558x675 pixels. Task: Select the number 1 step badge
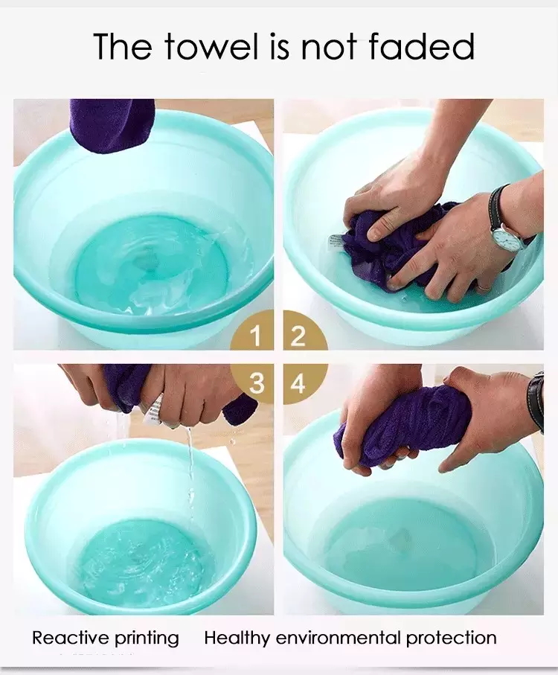click(x=255, y=336)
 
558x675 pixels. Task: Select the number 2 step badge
click(x=298, y=336)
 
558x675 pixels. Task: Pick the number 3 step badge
click(x=256, y=383)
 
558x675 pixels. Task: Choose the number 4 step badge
click(x=298, y=384)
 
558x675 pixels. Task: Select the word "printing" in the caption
click(x=147, y=639)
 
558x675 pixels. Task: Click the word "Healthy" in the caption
click(x=237, y=638)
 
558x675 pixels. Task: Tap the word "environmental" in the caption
click(x=339, y=638)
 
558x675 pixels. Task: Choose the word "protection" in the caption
click(x=452, y=638)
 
